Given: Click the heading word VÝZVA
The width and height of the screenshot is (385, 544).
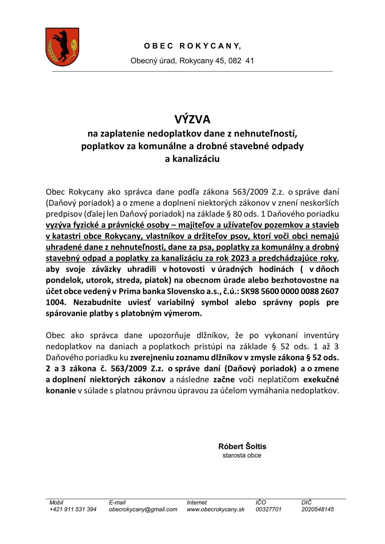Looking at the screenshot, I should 192,119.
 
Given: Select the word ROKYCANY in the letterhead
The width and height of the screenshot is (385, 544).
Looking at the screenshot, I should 210,46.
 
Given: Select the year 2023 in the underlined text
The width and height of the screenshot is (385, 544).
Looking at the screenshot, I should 240,258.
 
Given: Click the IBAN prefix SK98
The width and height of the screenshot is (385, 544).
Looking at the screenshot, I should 251,291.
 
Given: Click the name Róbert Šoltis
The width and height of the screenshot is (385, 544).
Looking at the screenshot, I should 242,446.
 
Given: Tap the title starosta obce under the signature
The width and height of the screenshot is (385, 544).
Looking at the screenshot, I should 242,455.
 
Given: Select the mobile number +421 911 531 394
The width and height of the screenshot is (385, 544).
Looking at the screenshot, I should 73,509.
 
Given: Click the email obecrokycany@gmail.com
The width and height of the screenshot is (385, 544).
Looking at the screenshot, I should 143,509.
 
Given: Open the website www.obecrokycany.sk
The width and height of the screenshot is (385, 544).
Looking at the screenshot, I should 216,509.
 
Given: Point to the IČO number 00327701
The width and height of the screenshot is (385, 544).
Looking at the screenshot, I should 269,509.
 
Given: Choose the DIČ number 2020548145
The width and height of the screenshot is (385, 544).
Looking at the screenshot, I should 318,509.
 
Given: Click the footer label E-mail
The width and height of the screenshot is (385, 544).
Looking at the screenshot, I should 117,502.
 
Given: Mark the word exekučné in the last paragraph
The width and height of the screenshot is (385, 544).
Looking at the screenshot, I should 321,379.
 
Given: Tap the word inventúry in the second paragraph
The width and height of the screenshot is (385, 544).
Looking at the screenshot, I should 321,336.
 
